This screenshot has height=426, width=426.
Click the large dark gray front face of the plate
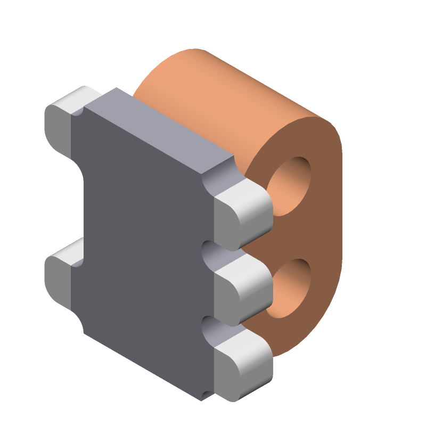tap(144, 240)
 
